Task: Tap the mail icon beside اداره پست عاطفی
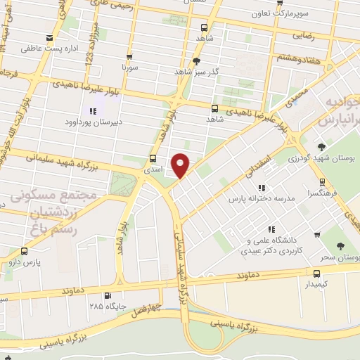pos(49,39)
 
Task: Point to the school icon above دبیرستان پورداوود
pos(91,110)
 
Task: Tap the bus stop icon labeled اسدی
pos(154,158)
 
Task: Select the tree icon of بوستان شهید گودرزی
pos(321,146)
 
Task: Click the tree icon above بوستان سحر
pos(340,246)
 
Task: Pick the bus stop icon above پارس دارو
pos(25,251)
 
